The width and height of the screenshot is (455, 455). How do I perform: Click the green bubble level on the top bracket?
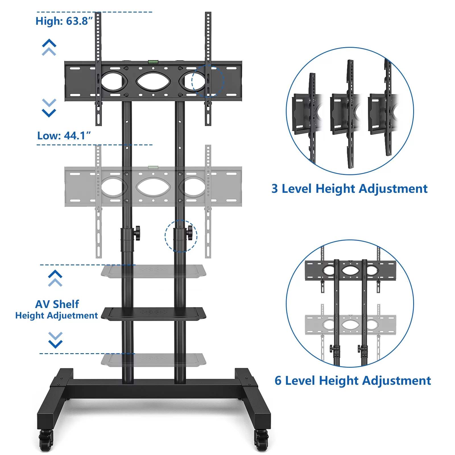[x=153, y=61]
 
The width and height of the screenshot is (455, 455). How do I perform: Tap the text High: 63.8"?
[x=64, y=21]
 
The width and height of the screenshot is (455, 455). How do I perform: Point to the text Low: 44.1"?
[x=64, y=136]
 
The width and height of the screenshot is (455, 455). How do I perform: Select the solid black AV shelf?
[x=154, y=313]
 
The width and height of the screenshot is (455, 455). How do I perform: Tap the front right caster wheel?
[x=261, y=441]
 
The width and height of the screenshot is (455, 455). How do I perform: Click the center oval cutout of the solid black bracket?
[x=153, y=81]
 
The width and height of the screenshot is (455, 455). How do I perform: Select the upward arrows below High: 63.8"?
[x=49, y=47]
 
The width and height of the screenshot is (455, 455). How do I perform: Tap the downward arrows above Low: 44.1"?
[x=49, y=108]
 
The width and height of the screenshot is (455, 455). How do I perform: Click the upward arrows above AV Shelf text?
[x=55, y=278]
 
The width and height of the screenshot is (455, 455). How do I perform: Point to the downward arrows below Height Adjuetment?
[x=55, y=340]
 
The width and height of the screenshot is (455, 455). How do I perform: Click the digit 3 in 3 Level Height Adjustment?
[x=275, y=189]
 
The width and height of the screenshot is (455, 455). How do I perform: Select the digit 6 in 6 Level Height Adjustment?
[x=278, y=380]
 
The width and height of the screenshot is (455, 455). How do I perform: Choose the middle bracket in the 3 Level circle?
[x=346, y=114]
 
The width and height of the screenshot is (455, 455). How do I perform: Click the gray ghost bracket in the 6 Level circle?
[x=350, y=324]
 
